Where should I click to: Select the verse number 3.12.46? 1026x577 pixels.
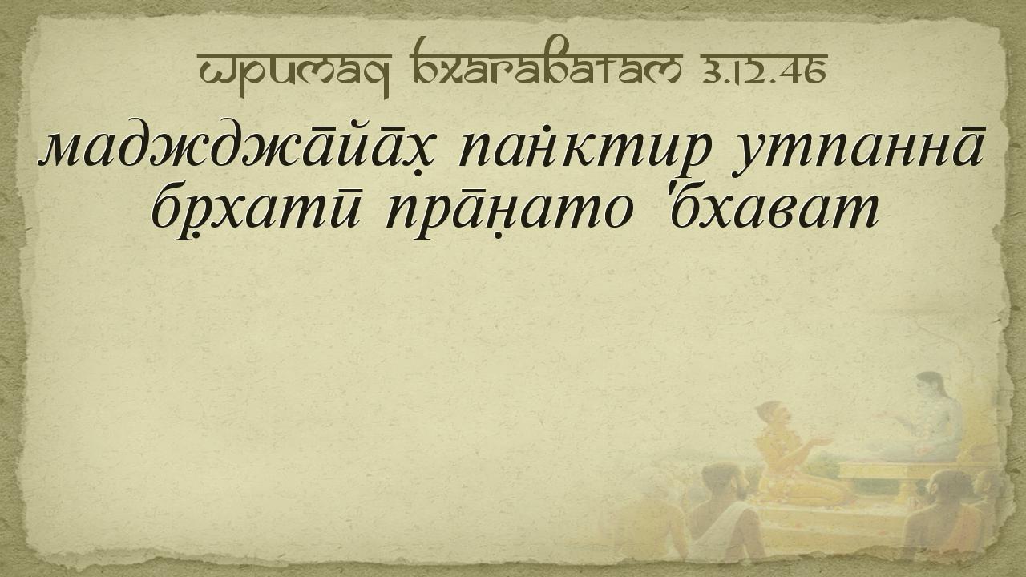(763, 70)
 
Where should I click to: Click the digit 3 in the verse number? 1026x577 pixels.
(711, 72)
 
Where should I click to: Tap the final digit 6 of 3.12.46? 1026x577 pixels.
(816, 72)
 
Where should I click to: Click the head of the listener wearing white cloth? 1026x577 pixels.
(720, 481)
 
